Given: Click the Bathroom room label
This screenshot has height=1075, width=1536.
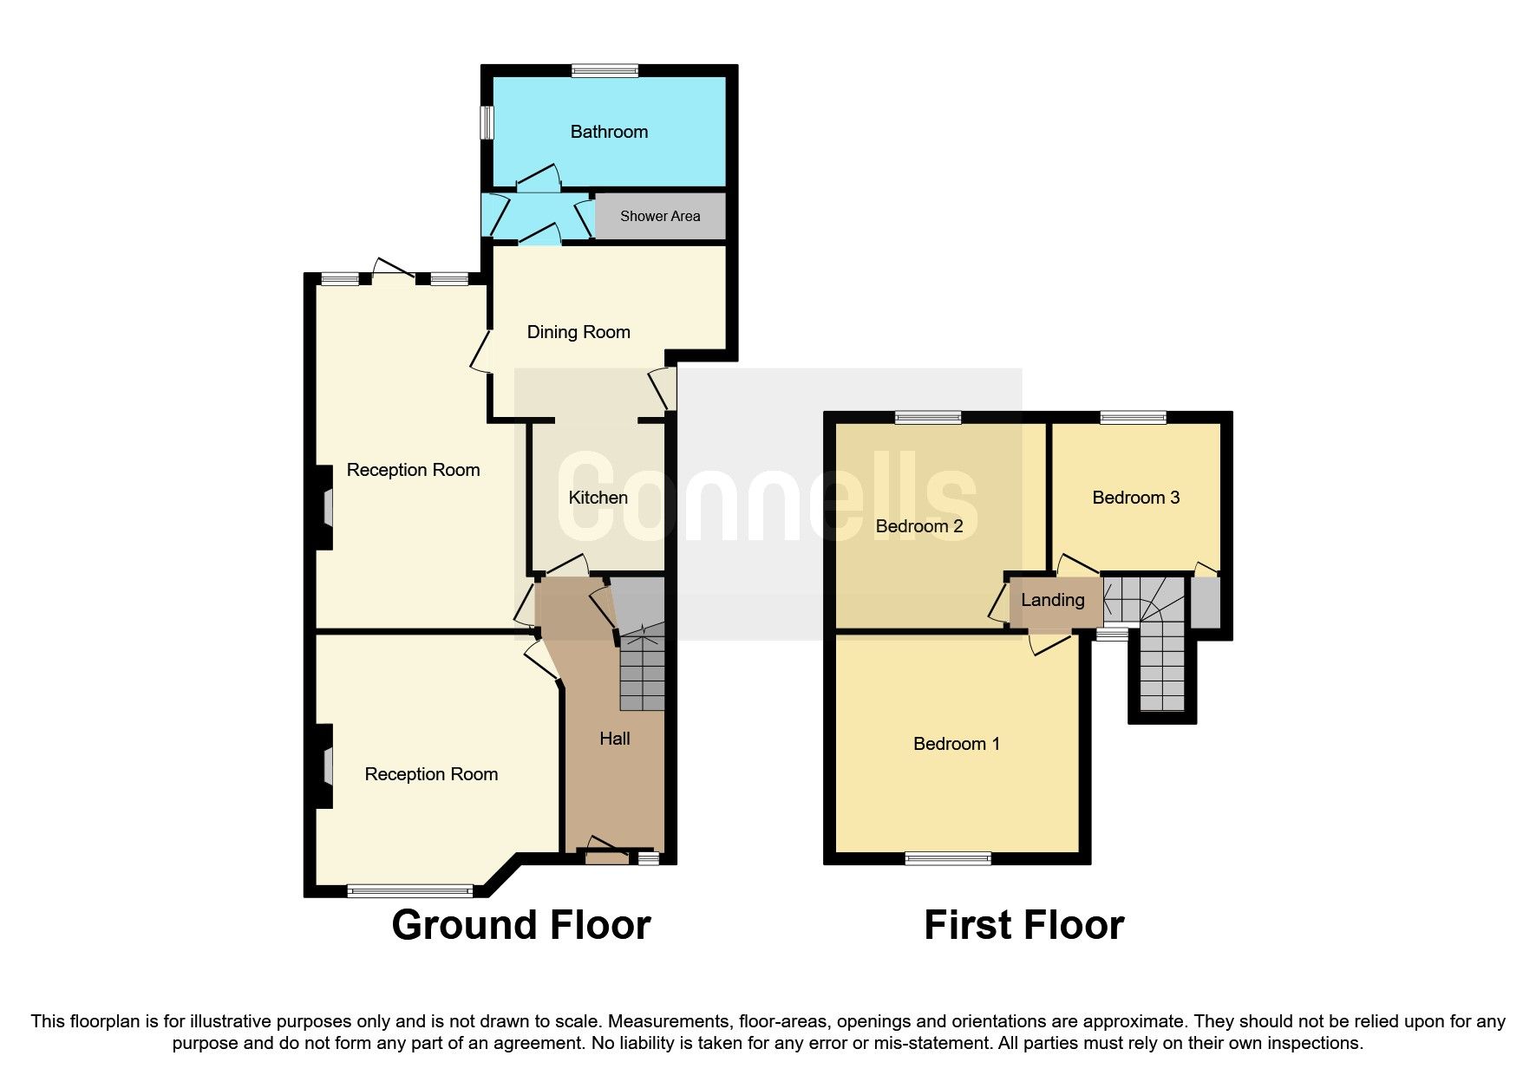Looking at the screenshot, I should tap(609, 132).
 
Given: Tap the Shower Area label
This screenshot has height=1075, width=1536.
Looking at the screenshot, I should tap(660, 216).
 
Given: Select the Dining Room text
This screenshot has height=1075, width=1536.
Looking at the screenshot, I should tap(578, 332).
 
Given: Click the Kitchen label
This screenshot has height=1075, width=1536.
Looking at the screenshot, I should tap(598, 498).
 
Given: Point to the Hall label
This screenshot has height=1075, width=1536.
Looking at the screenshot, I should tap(615, 739).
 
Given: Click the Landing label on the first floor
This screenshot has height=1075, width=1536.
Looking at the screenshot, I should tap(1052, 600).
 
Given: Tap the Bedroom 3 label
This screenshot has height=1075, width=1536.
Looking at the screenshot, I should tap(1135, 498).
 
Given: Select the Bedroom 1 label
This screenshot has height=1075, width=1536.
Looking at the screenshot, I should tap(956, 744).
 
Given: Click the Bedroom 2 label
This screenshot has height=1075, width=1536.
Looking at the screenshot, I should tap(918, 526).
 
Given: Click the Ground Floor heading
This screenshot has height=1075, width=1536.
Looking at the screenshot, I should tap(520, 925).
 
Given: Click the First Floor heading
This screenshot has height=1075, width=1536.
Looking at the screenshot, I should tap(1023, 925).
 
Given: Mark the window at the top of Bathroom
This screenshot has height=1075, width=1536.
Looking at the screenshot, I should tap(605, 71).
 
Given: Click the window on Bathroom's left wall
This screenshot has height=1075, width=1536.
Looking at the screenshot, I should tap(487, 122).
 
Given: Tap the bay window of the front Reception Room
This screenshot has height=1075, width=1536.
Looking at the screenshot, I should tap(409, 890).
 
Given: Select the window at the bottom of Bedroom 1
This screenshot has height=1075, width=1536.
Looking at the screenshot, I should tap(947, 858).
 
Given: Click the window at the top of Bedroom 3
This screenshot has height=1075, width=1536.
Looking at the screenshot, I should tap(1134, 418).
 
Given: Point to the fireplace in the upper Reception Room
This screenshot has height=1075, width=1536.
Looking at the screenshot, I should tap(327, 508).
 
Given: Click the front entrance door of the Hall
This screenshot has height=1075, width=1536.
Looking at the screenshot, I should tap(607, 857).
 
